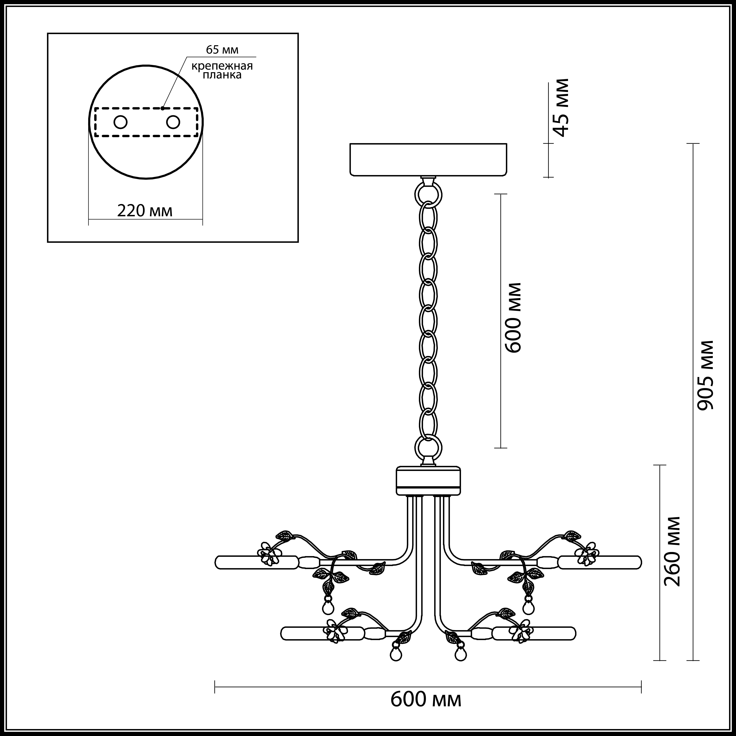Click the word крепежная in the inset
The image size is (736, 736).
click(222, 66)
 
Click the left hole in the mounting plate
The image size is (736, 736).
click(121, 122)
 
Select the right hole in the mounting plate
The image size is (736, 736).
click(173, 122)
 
